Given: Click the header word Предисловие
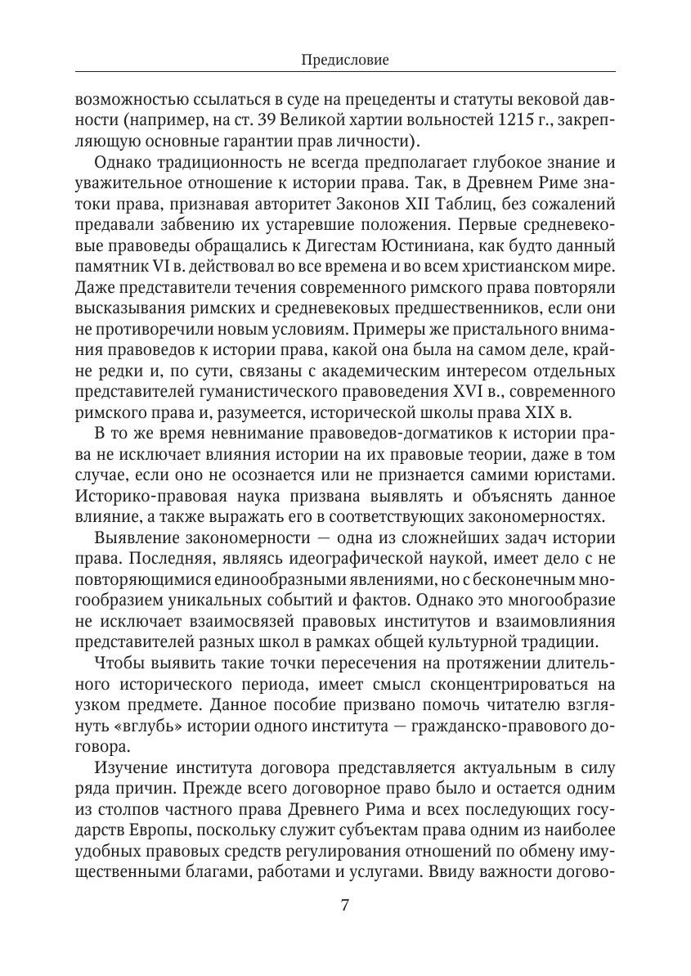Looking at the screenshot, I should (x=345, y=60).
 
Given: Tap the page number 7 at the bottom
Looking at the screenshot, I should (x=344, y=906).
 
